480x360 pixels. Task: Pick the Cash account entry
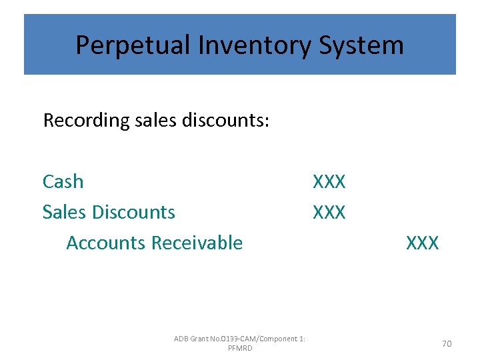pos(63,181)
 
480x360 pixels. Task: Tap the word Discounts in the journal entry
pos(134,212)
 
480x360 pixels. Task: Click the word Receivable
pos(197,243)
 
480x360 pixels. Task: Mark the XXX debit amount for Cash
pos(329,181)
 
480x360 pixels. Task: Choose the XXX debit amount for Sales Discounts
pos(329,212)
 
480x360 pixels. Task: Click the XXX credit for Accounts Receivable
pos(423,243)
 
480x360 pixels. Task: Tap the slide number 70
pos(447,343)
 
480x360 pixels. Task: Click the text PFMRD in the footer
pos(240,348)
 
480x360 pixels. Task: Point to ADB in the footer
pos(181,339)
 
